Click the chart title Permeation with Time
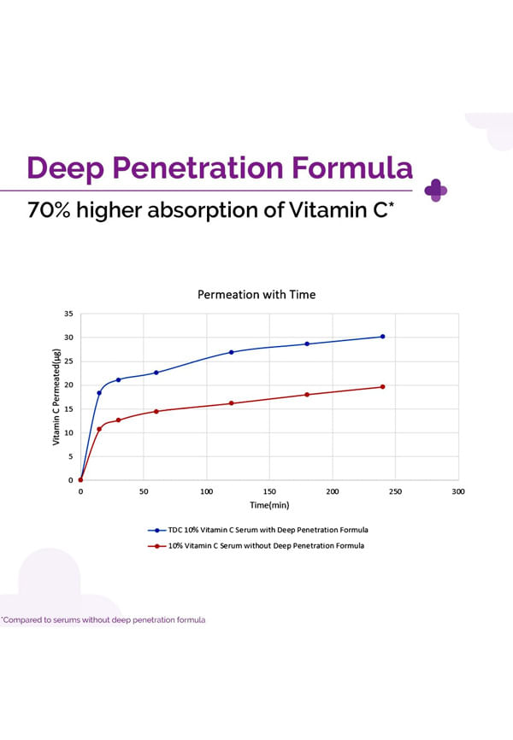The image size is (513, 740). click(x=256, y=295)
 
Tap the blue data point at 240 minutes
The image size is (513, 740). click(x=382, y=337)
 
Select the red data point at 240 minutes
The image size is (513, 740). click(x=382, y=387)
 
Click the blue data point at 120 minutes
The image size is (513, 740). click(x=232, y=352)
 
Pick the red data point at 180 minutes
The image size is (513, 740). click(x=307, y=395)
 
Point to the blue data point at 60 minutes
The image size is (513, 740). click(x=156, y=373)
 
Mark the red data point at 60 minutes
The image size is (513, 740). click(x=156, y=411)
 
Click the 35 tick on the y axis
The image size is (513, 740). click(x=68, y=314)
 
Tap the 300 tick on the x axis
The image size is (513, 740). click(x=458, y=492)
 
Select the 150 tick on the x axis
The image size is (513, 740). click(x=269, y=492)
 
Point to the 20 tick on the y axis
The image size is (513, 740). click(x=68, y=385)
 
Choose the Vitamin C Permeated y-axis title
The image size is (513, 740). click(x=57, y=401)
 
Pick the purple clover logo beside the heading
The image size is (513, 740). click(x=436, y=190)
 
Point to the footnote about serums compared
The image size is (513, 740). click(x=103, y=620)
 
